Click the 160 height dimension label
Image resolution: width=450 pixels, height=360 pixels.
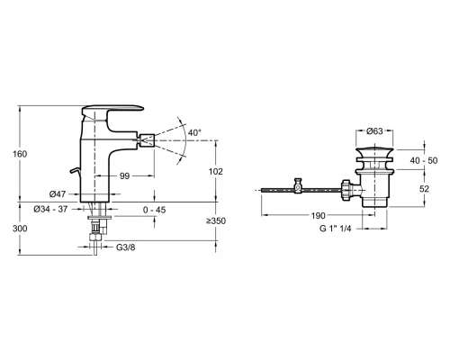click(20, 154)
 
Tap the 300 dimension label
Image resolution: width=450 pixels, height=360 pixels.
click(20, 229)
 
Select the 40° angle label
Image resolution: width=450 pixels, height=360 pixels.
click(194, 132)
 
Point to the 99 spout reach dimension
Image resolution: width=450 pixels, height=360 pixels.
click(124, 175)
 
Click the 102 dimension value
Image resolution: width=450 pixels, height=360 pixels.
click(216, 172)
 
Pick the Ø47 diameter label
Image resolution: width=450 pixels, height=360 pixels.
click(58, 194)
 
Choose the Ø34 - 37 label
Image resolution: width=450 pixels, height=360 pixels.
click(50, 209)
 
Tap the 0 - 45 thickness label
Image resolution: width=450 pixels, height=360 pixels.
click(154, 210)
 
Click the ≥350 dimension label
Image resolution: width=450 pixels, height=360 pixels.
click(216, 221)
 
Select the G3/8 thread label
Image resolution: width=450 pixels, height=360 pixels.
click(126, 247)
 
